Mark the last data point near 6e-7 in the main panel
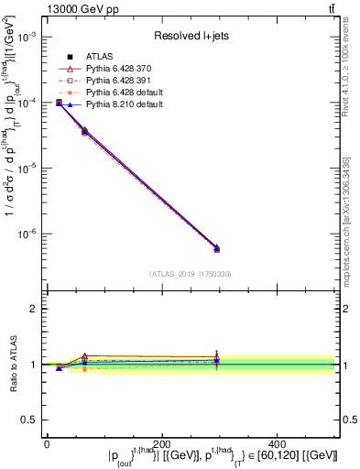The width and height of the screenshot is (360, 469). tap(216, 248)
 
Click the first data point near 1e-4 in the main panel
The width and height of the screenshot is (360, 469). tap(59, 103)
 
